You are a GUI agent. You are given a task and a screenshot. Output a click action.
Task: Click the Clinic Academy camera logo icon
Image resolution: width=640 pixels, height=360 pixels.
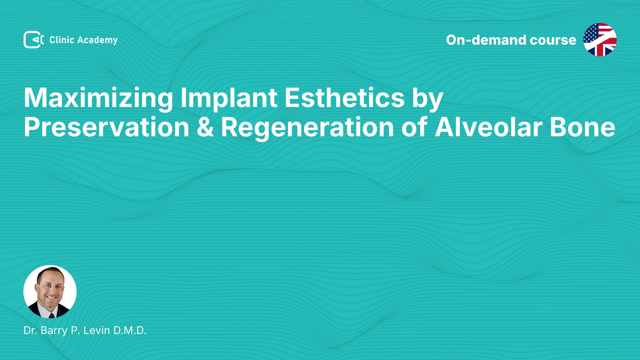point(34,40)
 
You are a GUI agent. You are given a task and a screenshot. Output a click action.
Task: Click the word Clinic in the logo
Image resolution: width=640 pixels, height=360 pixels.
point(62,40)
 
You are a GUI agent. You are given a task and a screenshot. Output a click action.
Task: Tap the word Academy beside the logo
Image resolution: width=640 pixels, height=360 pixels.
point(97,40)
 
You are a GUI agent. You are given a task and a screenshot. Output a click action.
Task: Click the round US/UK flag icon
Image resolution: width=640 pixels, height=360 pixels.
point(600,40)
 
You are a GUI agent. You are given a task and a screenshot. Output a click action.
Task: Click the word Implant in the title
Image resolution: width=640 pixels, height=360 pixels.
point(229,98)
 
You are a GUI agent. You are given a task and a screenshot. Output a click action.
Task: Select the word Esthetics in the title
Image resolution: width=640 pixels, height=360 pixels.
point(345,98)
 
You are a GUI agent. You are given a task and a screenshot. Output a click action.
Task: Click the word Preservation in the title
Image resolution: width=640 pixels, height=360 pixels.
point(106,127)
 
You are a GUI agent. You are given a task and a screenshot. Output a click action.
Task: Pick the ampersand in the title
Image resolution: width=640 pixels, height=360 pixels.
point(205,127)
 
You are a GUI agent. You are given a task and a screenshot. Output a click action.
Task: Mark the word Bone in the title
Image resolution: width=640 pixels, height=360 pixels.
point(582,127)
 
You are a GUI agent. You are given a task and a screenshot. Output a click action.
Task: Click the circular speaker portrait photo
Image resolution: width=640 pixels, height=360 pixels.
point(50,292)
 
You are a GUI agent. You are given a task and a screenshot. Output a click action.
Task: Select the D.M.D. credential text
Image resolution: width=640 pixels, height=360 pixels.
point(130,330)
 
